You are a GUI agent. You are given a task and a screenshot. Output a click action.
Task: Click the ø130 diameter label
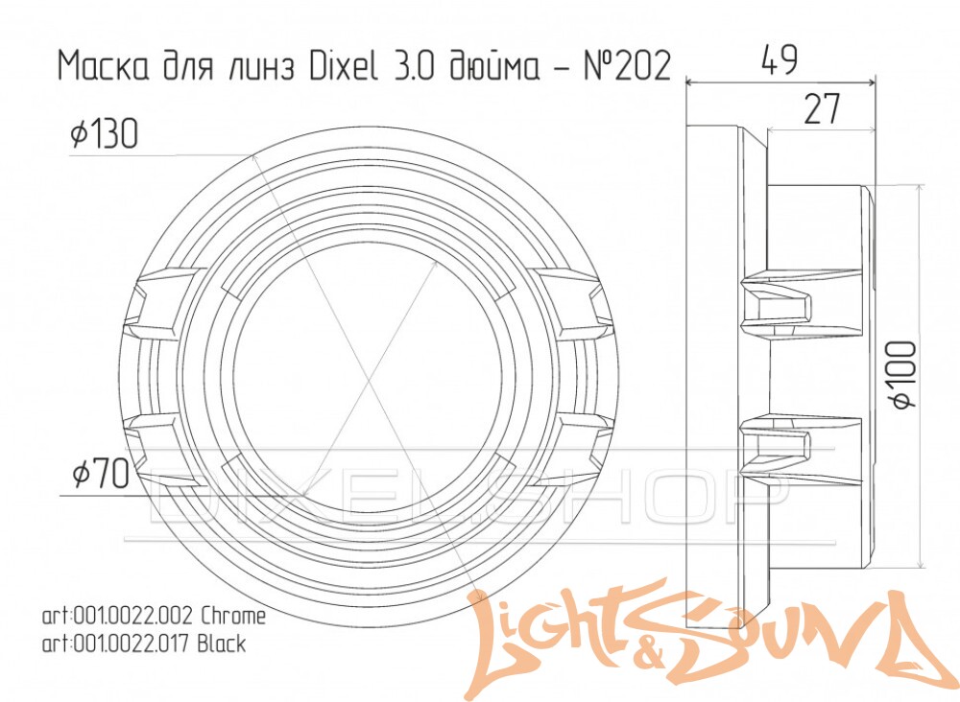[x=104, y=134]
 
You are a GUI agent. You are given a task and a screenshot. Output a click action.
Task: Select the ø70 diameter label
[x=101, y=474]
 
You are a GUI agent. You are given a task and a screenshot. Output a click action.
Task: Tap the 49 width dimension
[x=780, y=59]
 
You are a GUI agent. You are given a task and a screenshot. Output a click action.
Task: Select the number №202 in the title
[x=628, y=66]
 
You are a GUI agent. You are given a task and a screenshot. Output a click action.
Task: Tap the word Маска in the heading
[x=104, y=66]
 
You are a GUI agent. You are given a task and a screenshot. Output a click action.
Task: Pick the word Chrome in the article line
[x=234, y=616]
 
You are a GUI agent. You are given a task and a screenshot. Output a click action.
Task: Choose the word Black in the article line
[x=222, y=643]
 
